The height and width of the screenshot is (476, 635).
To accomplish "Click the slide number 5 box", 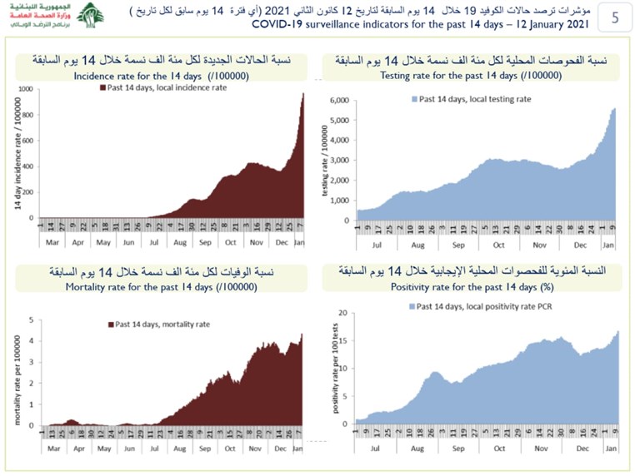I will click(x=614, y=17).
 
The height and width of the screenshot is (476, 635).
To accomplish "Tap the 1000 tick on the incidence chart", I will click(x=27, y=89).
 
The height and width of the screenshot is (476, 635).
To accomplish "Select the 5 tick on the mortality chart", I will click(x=31, y=320).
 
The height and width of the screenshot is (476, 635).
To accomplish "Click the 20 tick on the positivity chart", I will click(x=342, y=313).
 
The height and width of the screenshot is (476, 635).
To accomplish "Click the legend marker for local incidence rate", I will click(x=102, y=87).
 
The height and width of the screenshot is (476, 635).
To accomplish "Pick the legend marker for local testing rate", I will click(x=414, y=99).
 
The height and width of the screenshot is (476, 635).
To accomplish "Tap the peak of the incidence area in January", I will click(x=303, y=93).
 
